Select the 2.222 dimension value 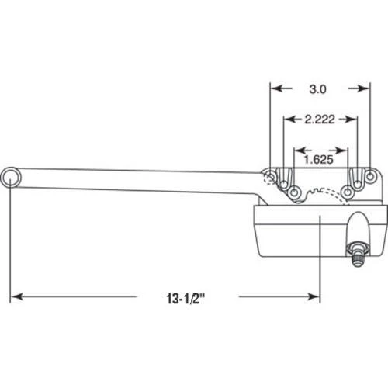(x=319, y=119)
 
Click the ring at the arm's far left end (x=11, y=178)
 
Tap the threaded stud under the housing (x=357, y=233)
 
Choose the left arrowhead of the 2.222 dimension (x=289, y=119)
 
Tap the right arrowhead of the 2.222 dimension (x=352, y=119)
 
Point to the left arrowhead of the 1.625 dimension (x=299, y=148)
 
